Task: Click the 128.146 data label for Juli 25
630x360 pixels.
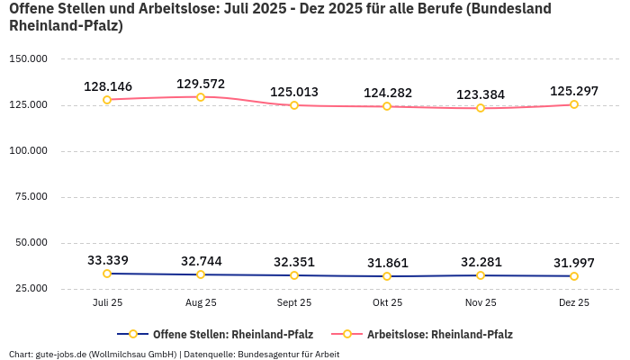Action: [x=108, y=86]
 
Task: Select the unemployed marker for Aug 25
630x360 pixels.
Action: [x=201, y=97]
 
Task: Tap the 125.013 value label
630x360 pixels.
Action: [x=294, y=92]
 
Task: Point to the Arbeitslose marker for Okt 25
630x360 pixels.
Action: [x=387, y=106]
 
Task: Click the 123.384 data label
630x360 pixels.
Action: [x=481, y=94]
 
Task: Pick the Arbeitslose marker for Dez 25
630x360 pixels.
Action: [x=574, y=104]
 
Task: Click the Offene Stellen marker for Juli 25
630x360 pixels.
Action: [x=107, y=274]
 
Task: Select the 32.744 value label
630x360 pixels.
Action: [x=201, y=261]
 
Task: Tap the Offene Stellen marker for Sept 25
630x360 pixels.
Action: [x=294, y=275]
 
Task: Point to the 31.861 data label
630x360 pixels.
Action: [x=387, y=263]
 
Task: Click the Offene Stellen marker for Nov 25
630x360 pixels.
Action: [x=481, y=275]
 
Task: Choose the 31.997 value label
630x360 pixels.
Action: [x=574, y=263]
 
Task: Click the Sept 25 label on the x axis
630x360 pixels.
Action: [x=294, y=303]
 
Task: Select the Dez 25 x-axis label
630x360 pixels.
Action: [x=574, y=303]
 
